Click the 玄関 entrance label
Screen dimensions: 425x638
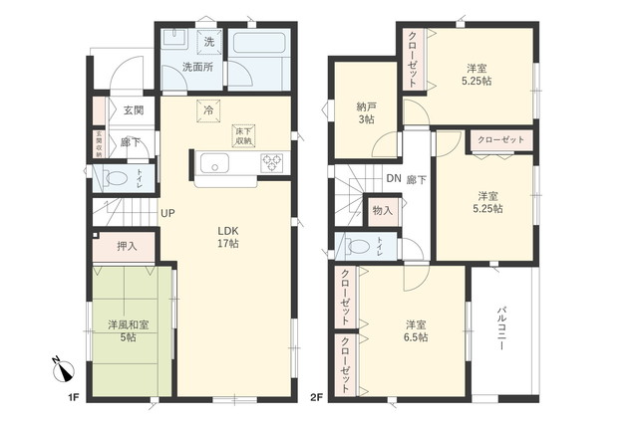coord(133,110)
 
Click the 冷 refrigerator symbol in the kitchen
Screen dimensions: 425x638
coord(209,111)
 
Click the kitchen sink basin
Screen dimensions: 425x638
coord(212,164)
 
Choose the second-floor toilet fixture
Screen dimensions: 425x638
coord(358,246)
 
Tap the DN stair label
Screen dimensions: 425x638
coord(394,179)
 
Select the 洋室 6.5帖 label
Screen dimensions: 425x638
coord(417,331)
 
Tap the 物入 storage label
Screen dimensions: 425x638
coord(382,211)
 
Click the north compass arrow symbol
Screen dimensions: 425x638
coord(62,372)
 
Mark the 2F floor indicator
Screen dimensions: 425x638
coord(317,398)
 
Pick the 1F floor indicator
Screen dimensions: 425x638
coord(73,398)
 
